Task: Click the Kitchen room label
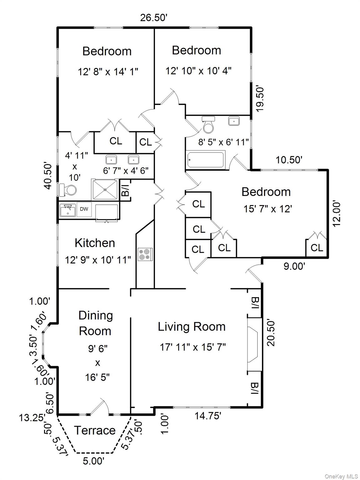pos(95,243)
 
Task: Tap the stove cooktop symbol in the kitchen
pos(145,254)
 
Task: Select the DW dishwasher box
pos(84,209)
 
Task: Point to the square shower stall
pos(105,189)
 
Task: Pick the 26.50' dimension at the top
pos(154,17)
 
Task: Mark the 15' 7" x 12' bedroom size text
pos(268,209)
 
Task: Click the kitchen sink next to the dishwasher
pos(68,210)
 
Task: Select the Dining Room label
pos(95,323)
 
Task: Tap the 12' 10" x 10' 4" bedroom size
pos(198,71)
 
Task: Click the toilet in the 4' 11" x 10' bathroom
pos(68,190)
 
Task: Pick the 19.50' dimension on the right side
pos(260,100)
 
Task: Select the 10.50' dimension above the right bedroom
pos(289,160)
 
